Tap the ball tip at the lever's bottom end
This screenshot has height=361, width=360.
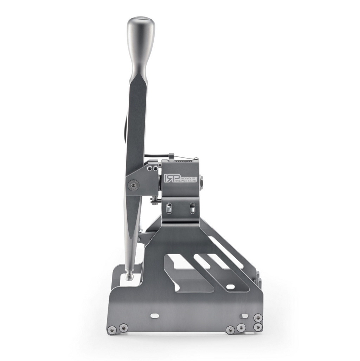(130, 277)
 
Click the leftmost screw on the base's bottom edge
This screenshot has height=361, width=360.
(112, 330)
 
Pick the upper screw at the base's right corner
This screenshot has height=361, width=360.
(258, 317)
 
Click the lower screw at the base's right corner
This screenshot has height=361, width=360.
(258, 327)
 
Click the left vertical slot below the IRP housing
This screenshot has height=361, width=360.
(169, 208)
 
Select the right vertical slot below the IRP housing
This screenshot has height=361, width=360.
(192, 208)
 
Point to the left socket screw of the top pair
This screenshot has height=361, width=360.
(150, 168)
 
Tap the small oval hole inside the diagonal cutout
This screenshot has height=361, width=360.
(230, 287)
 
